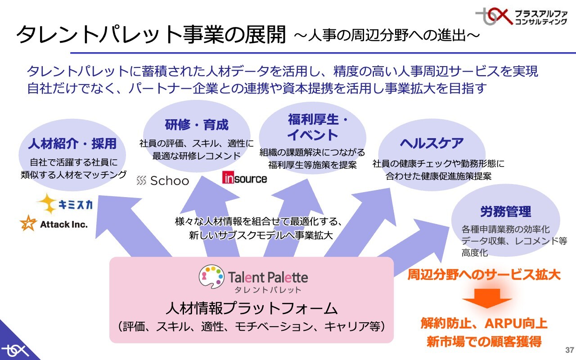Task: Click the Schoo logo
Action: [x=162, y=181]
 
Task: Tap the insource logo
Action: [x=244, y=178]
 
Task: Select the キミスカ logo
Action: [x=65, y=205]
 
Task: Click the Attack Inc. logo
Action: [x=54, y=224]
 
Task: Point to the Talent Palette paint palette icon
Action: [x=211, y=276]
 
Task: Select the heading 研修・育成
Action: [x=197, y=124]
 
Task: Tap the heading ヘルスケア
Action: [x=432, y=143]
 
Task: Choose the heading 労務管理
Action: [x=505, y=211]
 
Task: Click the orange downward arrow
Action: [x=487, y=299]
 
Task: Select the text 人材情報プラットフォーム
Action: [x=251, y=308]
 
